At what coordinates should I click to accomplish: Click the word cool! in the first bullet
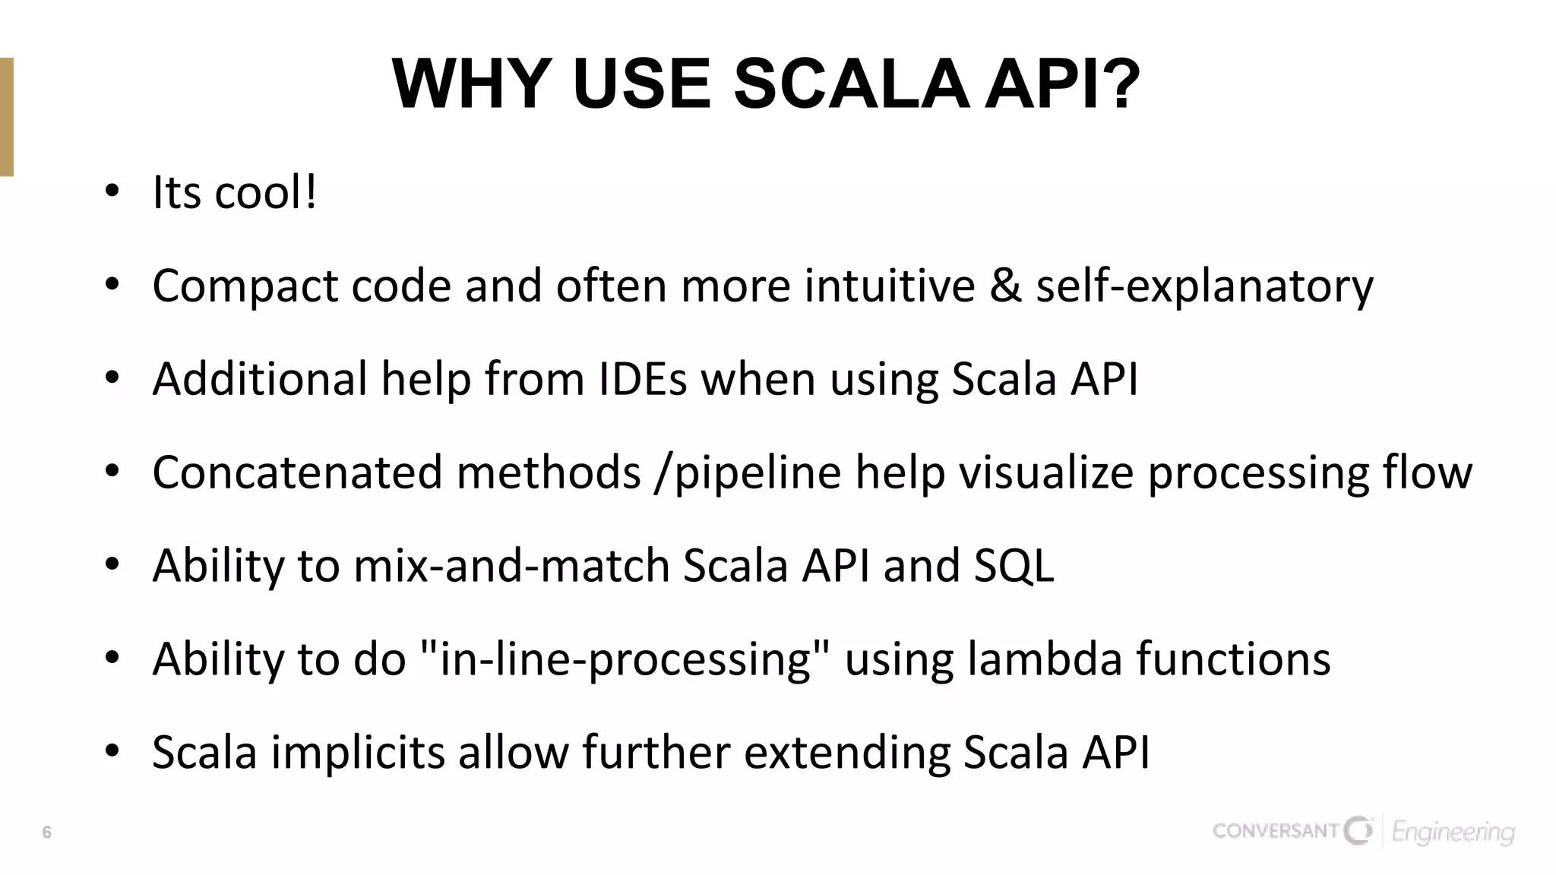click(x=266, y=192)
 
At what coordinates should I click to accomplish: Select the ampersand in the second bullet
click(x=1005, y=286)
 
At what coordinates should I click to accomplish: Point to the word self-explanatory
click(x=1204, y=287)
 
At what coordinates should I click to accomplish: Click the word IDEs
click(x=643, y=378)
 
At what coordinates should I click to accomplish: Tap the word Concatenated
click(x=297, y=472)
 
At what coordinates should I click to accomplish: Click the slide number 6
click(x=46, y=832)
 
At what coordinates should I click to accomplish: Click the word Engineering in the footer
click(x=1453, y=833)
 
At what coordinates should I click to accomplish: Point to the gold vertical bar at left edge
click(x=6, y=117)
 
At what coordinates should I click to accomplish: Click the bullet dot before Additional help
click(x=112, y=378)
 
